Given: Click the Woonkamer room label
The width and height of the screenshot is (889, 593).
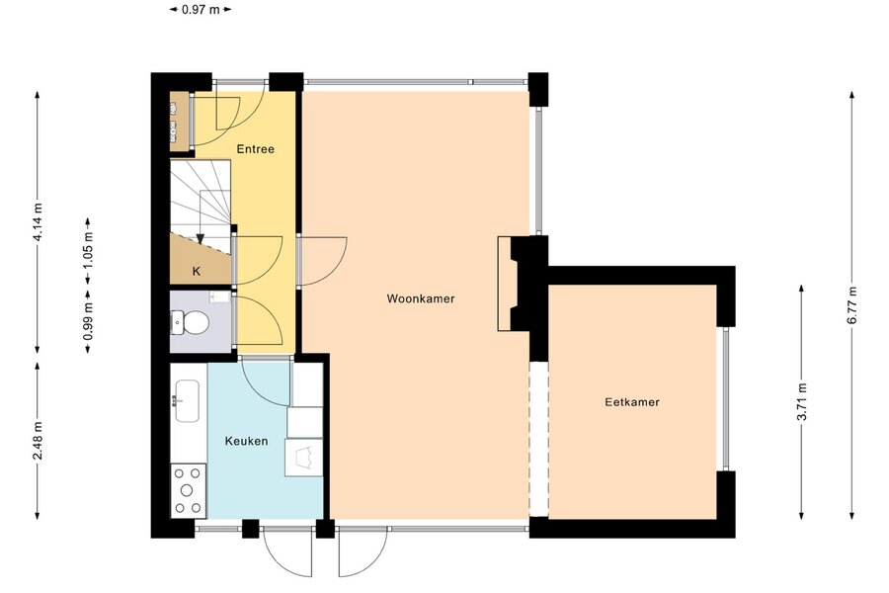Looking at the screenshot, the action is click(x=421, y=298).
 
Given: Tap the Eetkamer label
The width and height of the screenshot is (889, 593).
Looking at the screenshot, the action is click(x=632, y=402).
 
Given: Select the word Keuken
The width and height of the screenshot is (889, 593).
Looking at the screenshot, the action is click(x=246, y=441).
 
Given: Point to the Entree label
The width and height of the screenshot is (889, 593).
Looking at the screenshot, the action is click(x=255, y=149).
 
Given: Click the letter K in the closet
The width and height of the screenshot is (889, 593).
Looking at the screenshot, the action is click(x=197, y=271).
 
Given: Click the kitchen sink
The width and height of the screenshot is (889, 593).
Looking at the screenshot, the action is click(x=187, y=401).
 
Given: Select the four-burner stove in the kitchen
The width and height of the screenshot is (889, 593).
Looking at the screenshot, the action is click(x=189, y=491).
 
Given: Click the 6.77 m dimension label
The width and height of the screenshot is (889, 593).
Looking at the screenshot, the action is click(x=851, y=305).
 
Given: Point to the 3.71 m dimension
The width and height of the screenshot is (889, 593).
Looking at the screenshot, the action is click(x=802, y=402).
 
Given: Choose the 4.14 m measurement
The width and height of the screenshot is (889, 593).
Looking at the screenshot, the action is click(x=38, y=221).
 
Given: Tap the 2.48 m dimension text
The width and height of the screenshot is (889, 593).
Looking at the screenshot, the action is click(x=38, y=441).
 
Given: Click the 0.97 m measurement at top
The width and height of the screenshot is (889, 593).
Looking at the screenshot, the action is click(x=201, y=9).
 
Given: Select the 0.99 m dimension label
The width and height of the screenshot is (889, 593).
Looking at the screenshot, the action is click(x=88, y=322).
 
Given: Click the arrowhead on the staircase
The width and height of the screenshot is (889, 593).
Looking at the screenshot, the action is click(x=200, y=238).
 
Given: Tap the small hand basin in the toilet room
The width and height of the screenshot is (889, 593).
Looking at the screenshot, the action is click(x=219, y=296).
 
